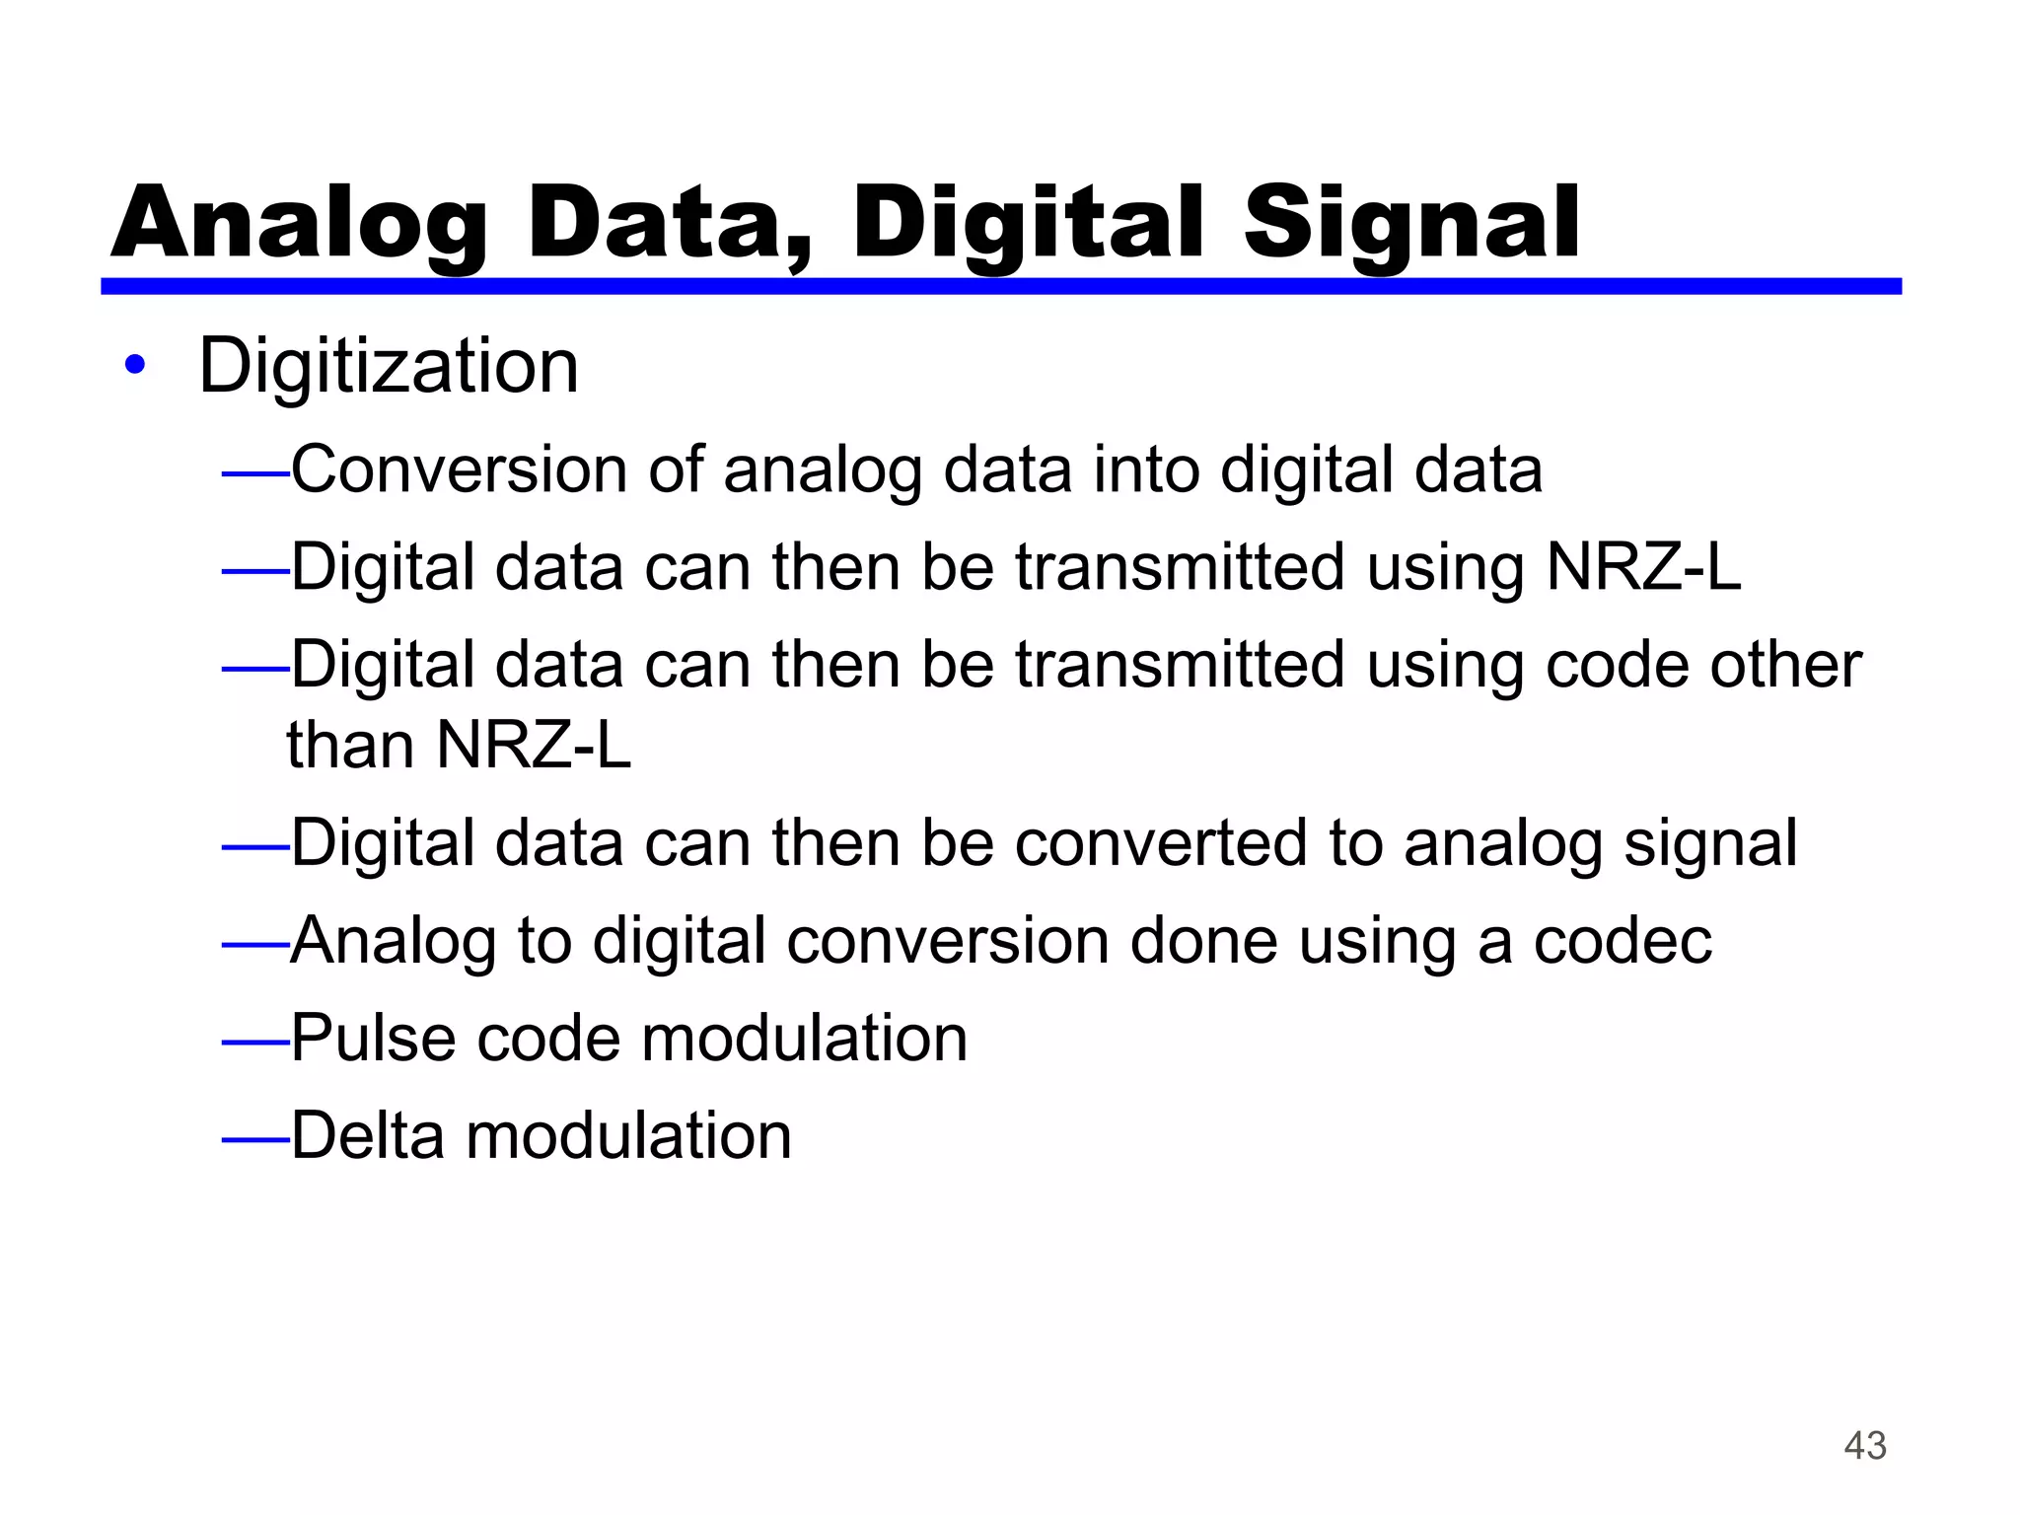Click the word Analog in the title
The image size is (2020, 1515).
click(299, 225)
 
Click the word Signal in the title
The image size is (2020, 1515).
click(1411, 225)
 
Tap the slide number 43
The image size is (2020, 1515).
click(1864, 1446)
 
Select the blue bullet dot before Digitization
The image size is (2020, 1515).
click(135, 366)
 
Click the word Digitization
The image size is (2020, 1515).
click(389, 366)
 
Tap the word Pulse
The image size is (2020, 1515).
click(373, 1038)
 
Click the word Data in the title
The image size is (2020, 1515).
click(670, 225)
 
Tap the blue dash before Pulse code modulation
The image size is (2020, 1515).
click(255, 1042)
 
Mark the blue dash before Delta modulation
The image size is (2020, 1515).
click(255, 1140)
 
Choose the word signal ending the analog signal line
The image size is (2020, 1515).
click(1710, 843)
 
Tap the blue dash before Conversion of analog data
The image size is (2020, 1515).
click(255, 473)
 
